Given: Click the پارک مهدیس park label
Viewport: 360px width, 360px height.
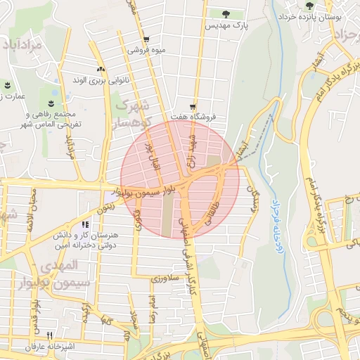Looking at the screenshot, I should click(224, 25).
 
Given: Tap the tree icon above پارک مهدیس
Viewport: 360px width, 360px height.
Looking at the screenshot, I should click(225, 13).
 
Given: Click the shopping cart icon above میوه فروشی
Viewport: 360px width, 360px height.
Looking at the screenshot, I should click(146, 39).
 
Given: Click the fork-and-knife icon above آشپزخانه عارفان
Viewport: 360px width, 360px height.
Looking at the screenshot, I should click(49, 335).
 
